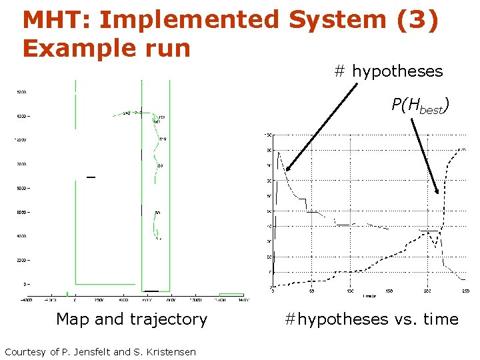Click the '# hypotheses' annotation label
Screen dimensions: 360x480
click(388, 71)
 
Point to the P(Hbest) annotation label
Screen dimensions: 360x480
click(419, 105)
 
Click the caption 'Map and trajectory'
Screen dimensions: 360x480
click(131, 319)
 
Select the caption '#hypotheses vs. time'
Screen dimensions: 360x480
click(371, 319)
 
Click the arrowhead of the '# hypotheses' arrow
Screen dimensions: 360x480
click(287, 171)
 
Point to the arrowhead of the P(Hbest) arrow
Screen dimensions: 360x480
click(437, 191)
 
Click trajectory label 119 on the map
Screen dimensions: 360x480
click(162, 139)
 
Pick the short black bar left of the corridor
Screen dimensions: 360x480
click(91, 177)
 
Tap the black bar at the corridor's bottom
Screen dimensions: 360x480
click(151, 291)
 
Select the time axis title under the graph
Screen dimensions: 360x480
click(369, 295)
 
